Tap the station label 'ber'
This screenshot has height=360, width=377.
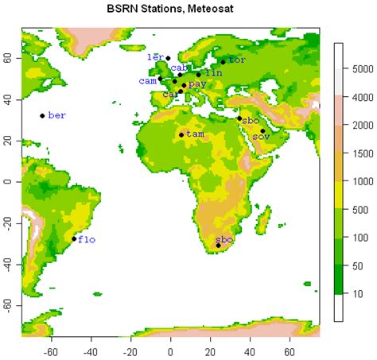57,115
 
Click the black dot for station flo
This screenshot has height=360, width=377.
74,238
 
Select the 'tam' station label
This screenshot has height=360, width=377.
193,134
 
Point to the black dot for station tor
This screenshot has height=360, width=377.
223,61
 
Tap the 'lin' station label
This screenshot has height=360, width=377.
214,73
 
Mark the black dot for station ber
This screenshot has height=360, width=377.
43,115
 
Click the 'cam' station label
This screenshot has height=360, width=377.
147,80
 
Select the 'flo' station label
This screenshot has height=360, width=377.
87,238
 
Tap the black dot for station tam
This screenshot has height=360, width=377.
181,135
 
